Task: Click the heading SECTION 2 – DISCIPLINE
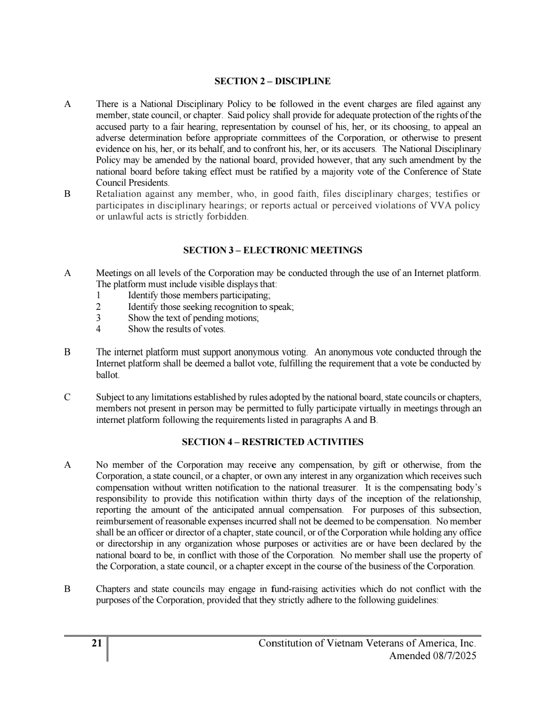pos(272,81)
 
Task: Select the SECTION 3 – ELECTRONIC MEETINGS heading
pos(272,250)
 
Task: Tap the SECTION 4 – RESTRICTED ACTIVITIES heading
pos(272,442)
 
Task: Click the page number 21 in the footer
pos(97,643)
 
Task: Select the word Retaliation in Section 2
pos(119,194)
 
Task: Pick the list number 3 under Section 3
pos(98,318)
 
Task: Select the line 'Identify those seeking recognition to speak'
pos(210,307)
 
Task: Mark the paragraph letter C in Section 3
pos(67,397)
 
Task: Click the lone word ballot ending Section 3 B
pos(107,375)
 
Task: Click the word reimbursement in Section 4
pos(122,521)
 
